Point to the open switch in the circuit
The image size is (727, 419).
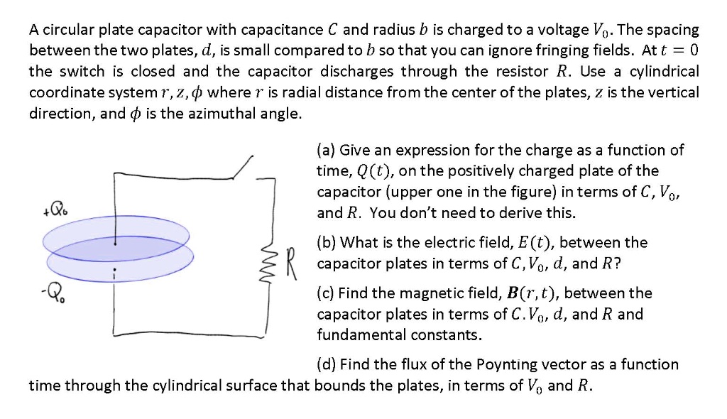(241, 168)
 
